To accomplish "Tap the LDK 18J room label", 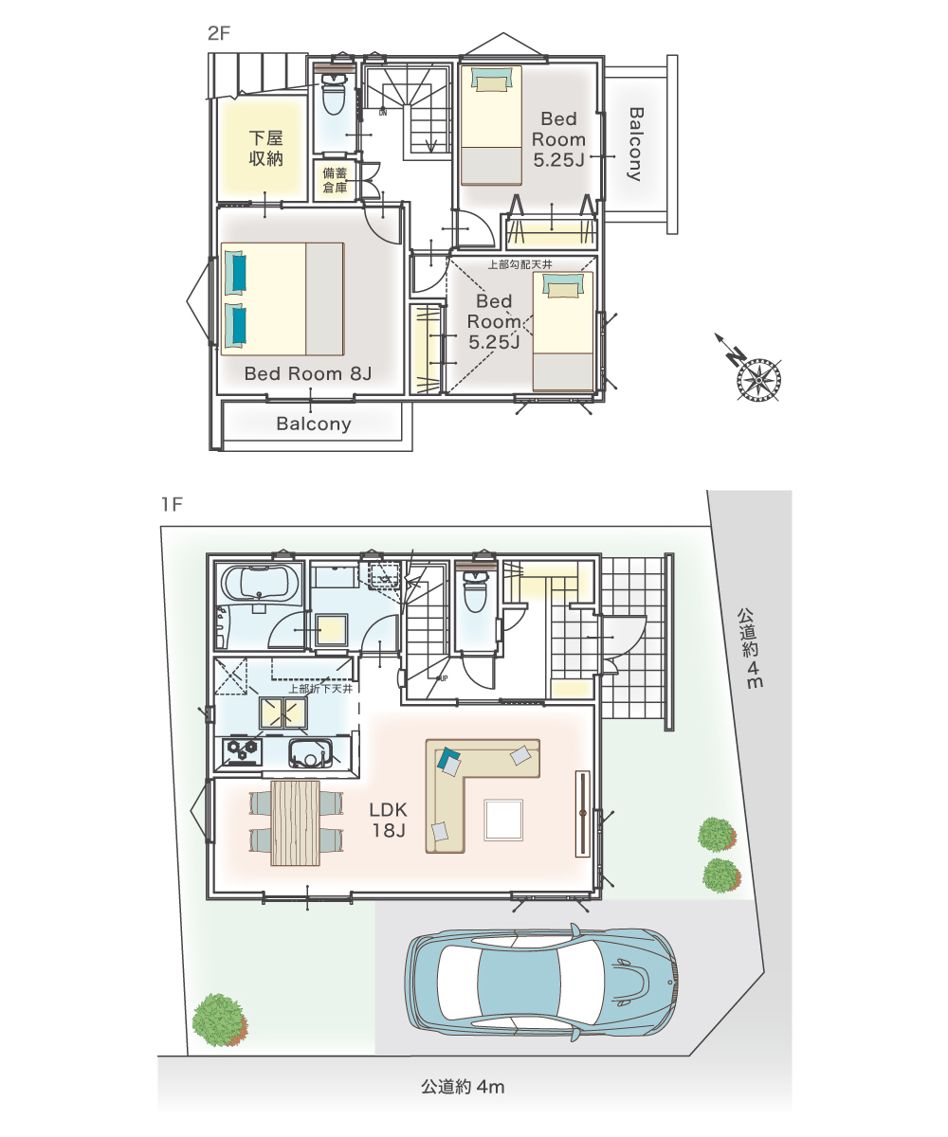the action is coord(388,821).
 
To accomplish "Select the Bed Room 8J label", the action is coord(308,373).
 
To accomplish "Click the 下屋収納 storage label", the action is coord(265,148).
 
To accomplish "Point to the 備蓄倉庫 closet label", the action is coord(335,180).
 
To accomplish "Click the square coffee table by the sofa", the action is coord(503,820).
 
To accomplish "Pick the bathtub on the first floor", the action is coord(260,584).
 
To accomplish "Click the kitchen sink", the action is coord(311,754).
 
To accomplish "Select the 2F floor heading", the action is coord(219,34).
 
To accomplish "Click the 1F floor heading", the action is coord(173,505).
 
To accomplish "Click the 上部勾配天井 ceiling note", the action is coord(520,264).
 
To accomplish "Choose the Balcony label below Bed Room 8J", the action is coord(314,424).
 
